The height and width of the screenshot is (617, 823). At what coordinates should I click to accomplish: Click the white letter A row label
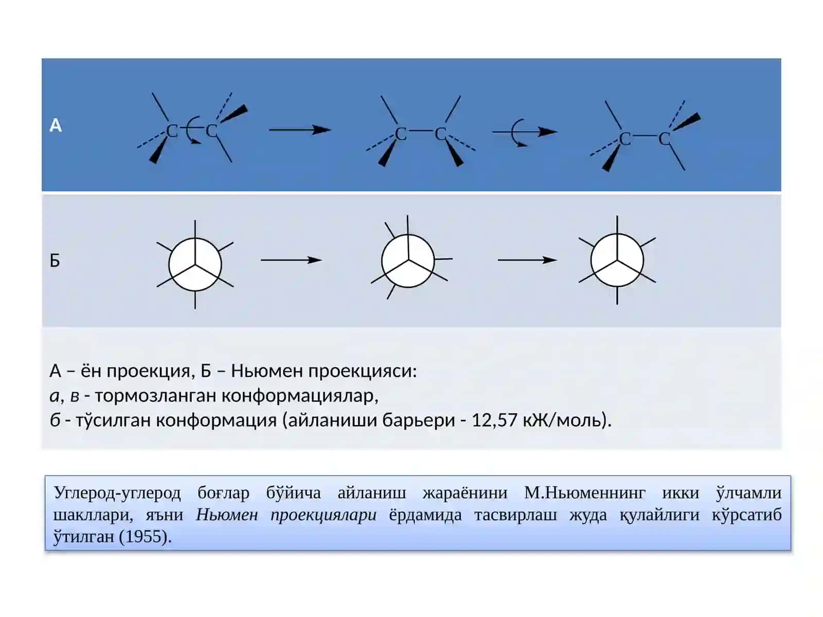56,125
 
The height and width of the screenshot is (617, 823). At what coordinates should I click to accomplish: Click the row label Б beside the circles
55,260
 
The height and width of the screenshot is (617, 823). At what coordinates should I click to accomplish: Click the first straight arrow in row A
300,130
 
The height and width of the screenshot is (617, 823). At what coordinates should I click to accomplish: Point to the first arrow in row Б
291,260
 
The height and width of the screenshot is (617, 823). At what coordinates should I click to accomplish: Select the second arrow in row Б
528,260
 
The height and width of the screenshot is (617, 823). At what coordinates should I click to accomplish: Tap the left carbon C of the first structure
172,131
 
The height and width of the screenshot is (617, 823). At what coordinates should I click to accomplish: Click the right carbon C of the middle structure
440,134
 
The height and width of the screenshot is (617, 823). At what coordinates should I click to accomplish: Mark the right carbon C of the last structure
664,139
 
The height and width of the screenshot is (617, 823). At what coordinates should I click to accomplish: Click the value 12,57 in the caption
494,420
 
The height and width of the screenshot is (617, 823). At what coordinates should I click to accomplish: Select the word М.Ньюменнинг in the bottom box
584,493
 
